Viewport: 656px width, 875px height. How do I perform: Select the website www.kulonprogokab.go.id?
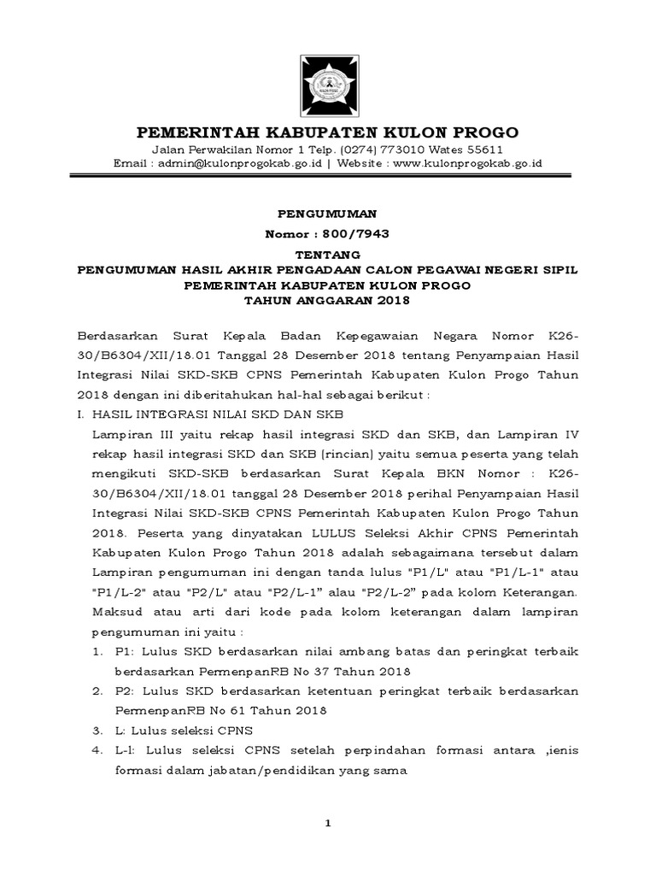[x=464, y=164]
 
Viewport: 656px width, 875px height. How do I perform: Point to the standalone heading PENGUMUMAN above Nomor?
[x=328, y=213]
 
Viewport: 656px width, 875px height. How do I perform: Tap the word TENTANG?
[x=328, y=255]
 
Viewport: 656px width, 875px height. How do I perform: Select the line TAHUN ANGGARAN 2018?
[x=328, y=301]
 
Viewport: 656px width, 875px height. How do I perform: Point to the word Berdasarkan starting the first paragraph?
[x=115, y=330]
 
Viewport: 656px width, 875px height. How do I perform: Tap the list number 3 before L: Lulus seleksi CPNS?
[x=96, y=731]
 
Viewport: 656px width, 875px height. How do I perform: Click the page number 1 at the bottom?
[x=327, y=823]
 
